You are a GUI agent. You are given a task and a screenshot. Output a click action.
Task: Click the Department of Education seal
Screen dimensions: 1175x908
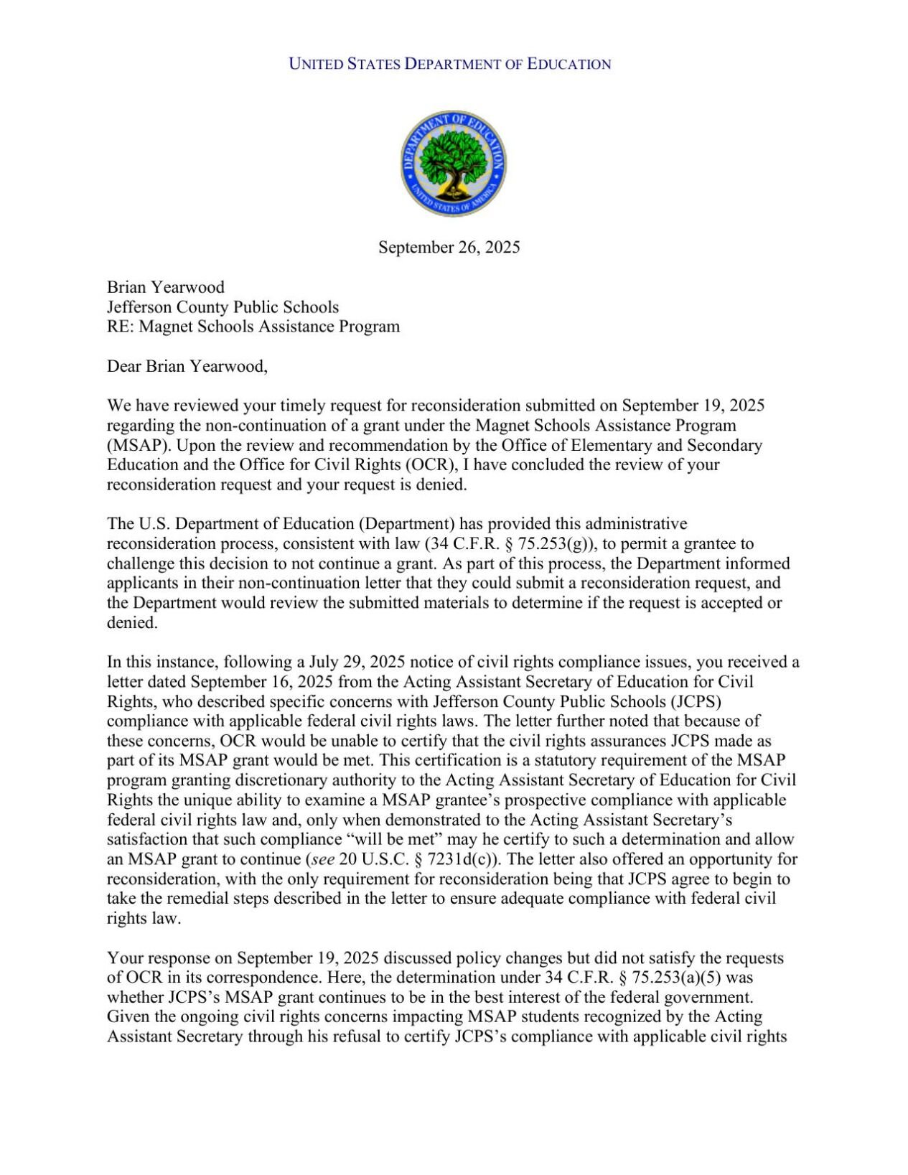453,164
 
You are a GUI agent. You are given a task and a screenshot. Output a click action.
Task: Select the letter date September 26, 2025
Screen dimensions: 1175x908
449,248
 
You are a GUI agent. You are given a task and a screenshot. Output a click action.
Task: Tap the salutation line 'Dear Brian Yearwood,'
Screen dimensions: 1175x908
187,367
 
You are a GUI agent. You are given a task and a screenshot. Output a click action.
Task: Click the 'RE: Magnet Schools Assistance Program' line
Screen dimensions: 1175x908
253,327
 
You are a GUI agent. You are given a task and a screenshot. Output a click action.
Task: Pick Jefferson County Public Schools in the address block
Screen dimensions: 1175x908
223,307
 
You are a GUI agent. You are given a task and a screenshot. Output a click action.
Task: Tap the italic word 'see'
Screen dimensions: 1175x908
323,859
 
